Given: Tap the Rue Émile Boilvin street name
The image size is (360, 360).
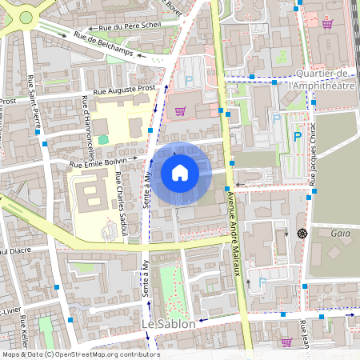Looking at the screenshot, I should pyautogui.click(x=98, y=163).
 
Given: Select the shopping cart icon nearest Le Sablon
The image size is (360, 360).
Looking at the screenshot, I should pyautogui.click(x=286, y=342).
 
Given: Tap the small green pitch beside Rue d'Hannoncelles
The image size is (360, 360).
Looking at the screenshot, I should pyautogui.click(x=102, y=140).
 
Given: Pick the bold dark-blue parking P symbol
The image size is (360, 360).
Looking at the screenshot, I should pyautogui.click(x=297, y=136).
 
